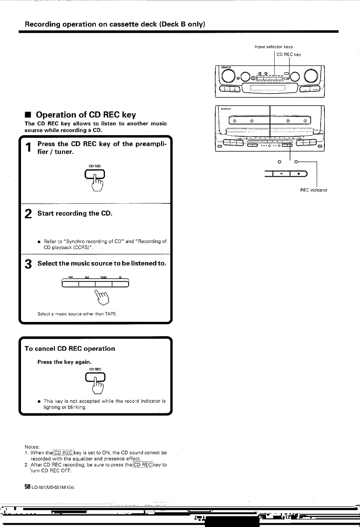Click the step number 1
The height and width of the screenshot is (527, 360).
[28, 148]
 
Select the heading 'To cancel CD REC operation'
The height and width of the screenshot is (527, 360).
[69, 348]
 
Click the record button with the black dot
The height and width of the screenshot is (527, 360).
[299, 174]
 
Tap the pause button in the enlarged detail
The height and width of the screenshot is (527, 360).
[282, 174]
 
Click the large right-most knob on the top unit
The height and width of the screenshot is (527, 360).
[313, 77]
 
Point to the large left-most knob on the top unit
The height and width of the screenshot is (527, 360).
[227, 77]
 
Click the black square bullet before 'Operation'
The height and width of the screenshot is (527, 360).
[28, 115]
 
